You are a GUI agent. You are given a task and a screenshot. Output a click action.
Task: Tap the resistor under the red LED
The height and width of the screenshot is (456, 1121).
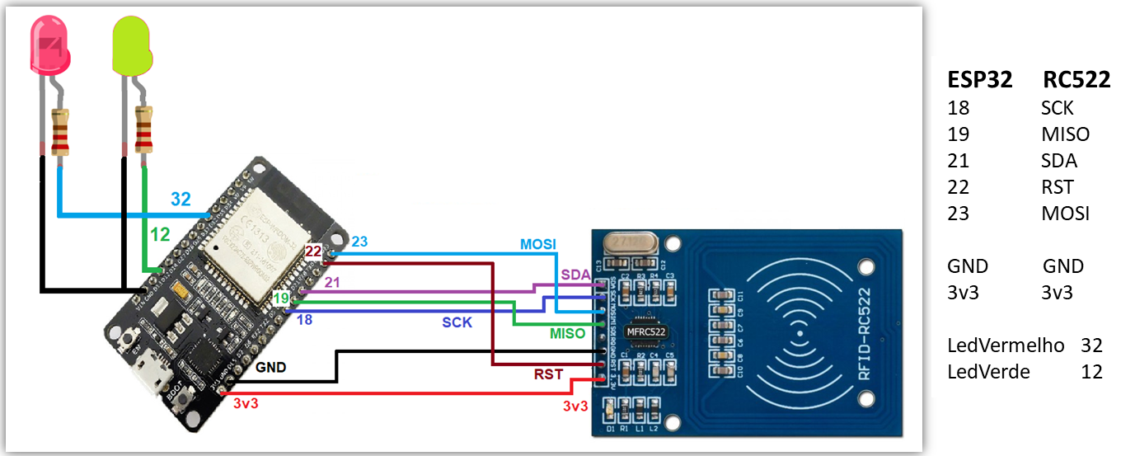tap(60, 133)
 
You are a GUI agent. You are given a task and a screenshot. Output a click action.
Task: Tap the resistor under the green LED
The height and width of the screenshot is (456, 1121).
tap(143, 130)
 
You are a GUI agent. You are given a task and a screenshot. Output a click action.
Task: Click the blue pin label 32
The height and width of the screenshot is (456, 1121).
tap(181, 199)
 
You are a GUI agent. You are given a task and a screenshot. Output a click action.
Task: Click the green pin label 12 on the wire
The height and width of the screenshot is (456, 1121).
tap(160, 235)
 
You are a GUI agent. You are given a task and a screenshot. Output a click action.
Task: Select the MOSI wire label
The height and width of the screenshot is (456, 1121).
tap(537, 245)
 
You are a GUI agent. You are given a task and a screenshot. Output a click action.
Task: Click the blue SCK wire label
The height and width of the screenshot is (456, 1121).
tap(457, 322)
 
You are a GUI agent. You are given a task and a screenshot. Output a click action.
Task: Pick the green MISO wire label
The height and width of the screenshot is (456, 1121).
tap(567, 334)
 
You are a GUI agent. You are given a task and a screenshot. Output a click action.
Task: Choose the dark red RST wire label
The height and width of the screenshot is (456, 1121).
tap(548, 374)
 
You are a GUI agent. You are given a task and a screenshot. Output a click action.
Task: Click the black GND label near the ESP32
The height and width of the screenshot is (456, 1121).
tap(270, 367)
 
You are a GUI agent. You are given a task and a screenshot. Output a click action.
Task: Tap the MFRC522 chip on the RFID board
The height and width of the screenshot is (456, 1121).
tap(645, 331)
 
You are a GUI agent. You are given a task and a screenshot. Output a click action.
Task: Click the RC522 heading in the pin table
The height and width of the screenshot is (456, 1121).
tap(1076, 80)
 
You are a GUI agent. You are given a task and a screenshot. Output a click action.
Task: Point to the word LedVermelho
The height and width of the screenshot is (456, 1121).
tap(1006, 346)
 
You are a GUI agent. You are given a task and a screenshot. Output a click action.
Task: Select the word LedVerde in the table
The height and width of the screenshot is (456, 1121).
tap(988, 372)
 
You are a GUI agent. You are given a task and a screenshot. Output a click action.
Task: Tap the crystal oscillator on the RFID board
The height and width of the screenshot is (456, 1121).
tap(631, 242)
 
